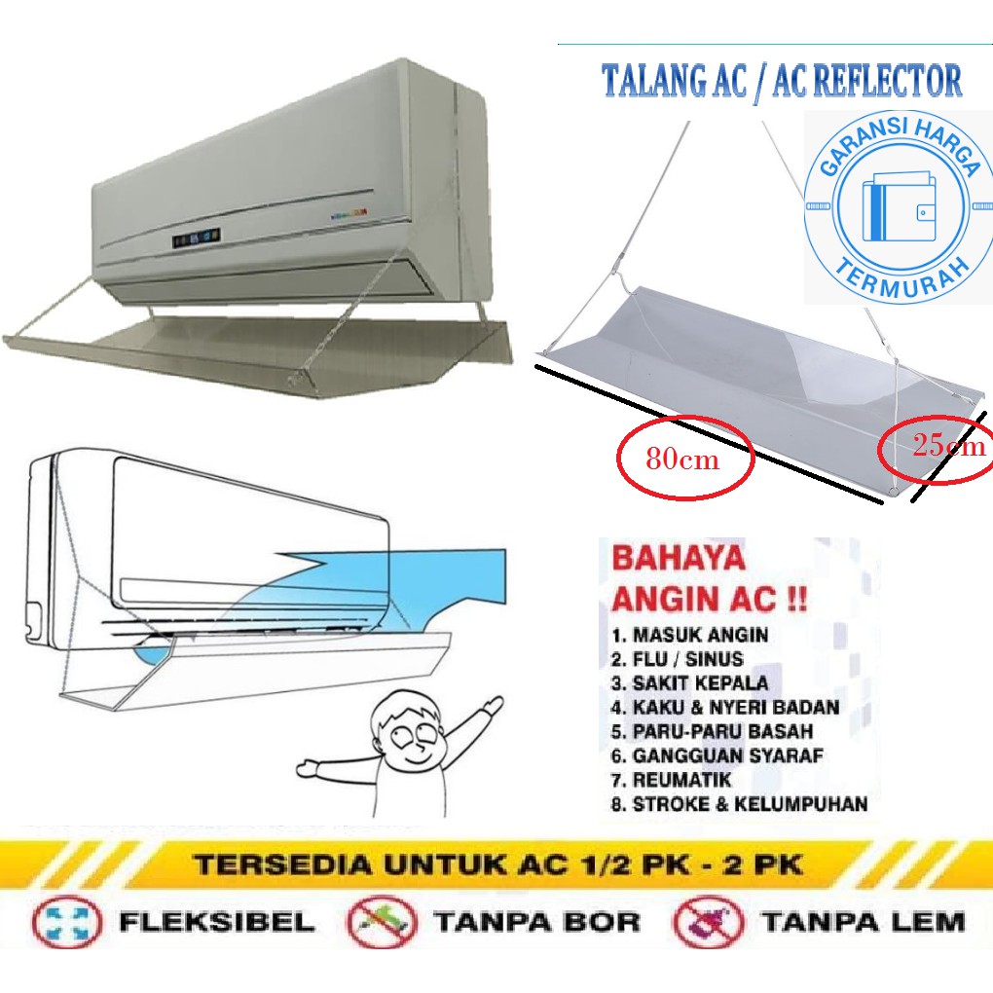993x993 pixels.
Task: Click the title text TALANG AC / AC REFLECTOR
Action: [782, 82]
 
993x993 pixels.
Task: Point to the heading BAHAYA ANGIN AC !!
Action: [694, 578]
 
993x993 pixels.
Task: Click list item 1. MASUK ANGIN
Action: [690, 635]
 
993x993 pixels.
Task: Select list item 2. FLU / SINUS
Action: [678, 659]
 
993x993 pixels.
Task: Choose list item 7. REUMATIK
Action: [671, 780]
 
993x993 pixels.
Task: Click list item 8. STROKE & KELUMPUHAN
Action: [739, 804]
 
